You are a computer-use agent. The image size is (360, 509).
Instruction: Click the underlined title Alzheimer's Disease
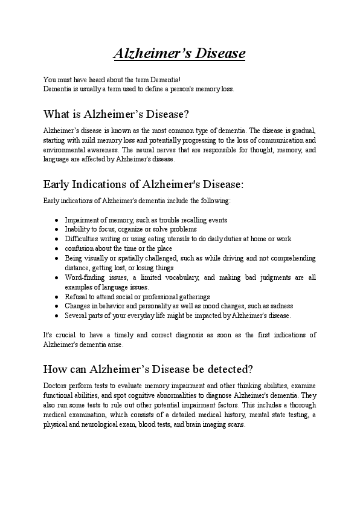tap(179, 53)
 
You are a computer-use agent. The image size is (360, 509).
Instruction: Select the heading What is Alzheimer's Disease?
tap(117, 114)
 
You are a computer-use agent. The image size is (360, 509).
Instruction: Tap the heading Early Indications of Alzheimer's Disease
tap(143, 184)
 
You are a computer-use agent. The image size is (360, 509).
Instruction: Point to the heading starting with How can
tap(148, 369)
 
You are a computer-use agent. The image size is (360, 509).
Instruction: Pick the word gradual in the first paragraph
tap(304, 131)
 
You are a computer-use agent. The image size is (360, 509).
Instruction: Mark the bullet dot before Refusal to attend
tap(56, 297)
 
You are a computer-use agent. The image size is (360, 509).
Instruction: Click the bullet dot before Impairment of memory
tap(56, 220)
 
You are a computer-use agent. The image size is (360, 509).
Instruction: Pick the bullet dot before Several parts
tap(56, 316)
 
